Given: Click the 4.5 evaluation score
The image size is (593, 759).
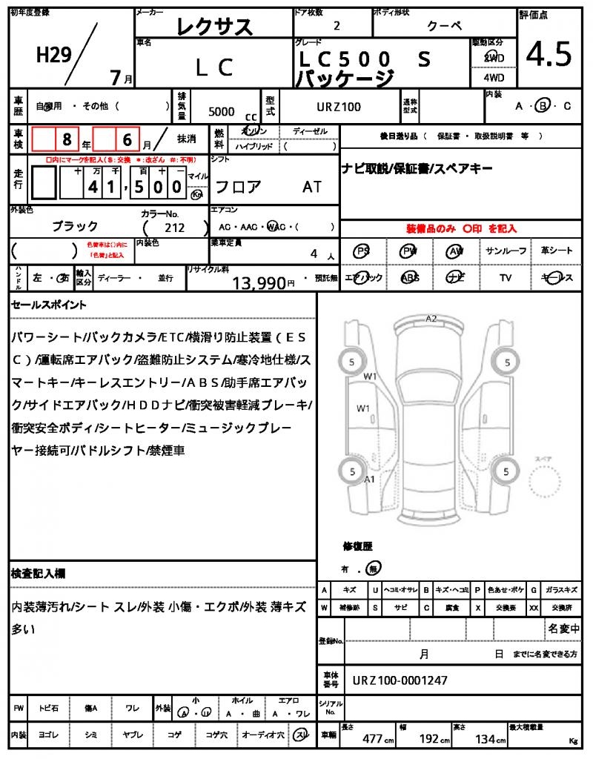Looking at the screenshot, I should (549, 55).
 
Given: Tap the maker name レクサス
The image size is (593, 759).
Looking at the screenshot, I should (215, 27).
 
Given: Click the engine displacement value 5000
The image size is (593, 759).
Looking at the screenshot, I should (222, 111).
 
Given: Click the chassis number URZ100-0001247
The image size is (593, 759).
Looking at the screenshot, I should (400, 680).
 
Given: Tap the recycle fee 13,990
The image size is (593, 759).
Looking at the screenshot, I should (259, 282).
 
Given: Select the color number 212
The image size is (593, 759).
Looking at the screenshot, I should (175, 228).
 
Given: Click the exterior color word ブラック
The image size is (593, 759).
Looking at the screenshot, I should (75, 226).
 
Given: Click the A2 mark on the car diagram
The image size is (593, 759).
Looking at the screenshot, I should (431, 319).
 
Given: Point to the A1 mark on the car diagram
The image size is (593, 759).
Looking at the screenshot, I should (370, 480).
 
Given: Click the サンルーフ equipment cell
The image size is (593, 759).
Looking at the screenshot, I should (506, 251).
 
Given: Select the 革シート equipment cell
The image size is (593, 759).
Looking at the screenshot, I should (557, 251).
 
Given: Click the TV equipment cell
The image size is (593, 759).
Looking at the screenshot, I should (506, 277).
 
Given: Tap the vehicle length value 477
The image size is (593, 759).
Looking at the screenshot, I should (372, 738).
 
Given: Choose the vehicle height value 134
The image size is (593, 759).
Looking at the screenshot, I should (486, 738).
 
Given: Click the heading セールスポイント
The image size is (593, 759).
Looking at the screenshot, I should (49, 305).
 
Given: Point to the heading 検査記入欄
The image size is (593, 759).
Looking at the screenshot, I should (38, 574).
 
